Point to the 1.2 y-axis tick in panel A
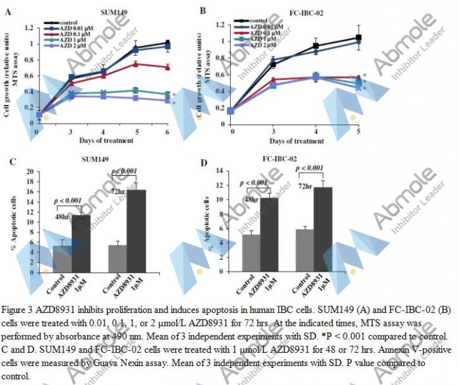(29, 28)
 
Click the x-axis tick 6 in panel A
(167, 132)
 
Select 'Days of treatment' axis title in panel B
(294, 141)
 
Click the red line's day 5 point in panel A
(135, 64)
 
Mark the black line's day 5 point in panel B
(358, 37)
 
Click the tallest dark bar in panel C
(136, 230)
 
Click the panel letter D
(203, 161)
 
